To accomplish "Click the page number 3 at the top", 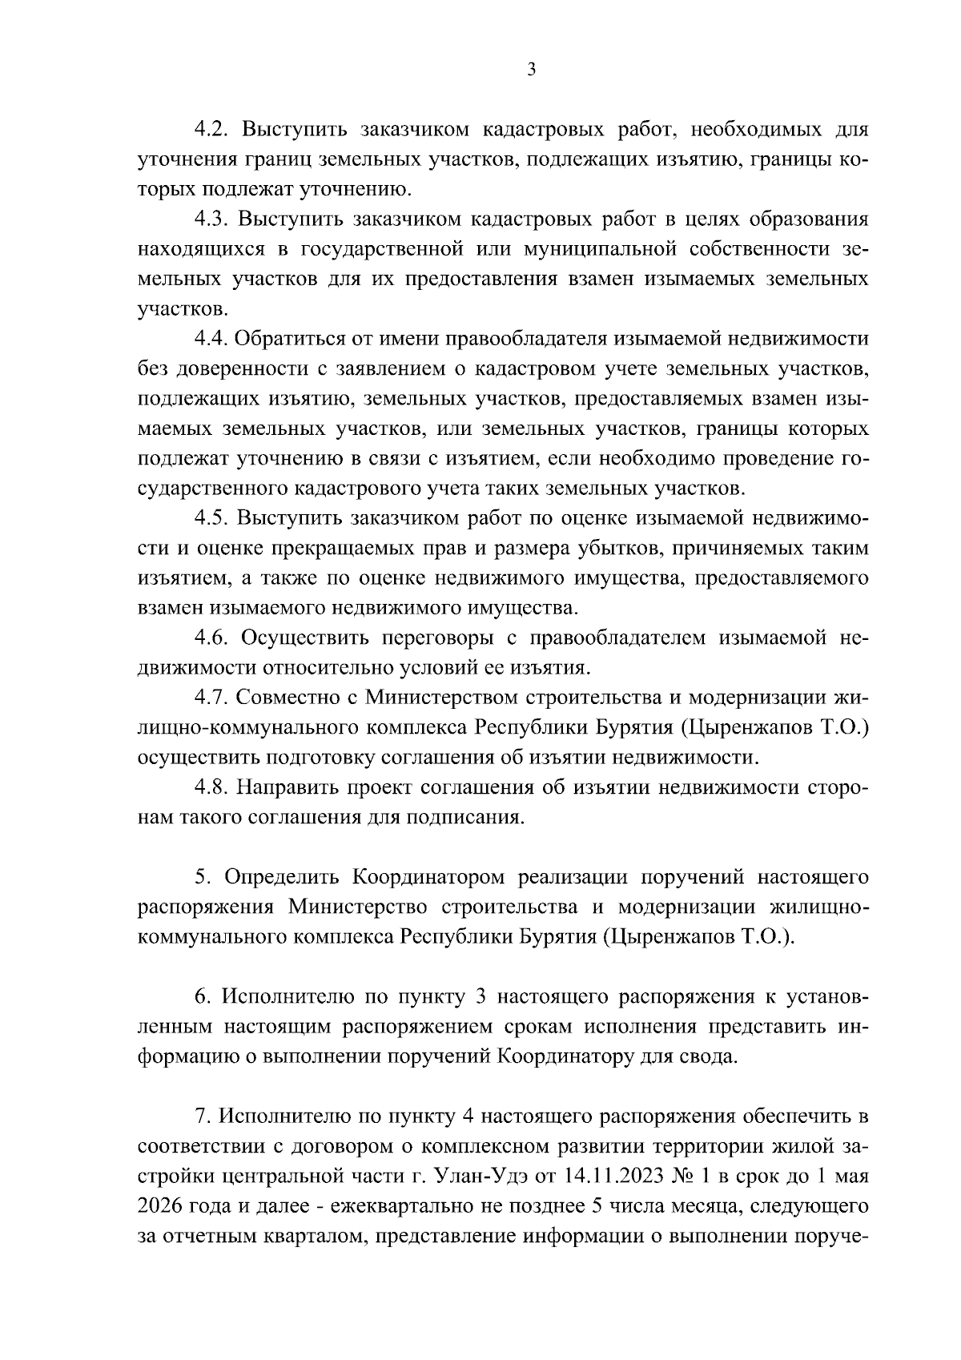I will pyautogui.click(x=532, y=70).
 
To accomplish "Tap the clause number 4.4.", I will pyautogui.click(x=211, y=339).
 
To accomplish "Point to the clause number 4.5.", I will pyautogui.click(x=211, y=518).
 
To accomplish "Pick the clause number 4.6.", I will pyautogui.click(x=211, y=638).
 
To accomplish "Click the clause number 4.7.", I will pyautogui.click(x=211, y=698).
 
